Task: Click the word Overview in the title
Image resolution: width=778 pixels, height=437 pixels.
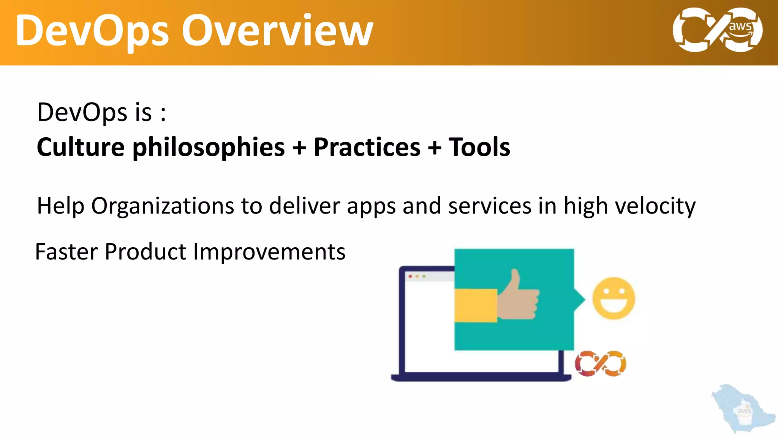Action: pyautogui.click(x=277, y=31)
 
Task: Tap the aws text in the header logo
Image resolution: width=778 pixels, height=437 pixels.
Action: pyautogui.click(x=740, y=27)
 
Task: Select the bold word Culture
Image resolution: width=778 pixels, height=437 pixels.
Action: pyautogui.click(x=81, y=147)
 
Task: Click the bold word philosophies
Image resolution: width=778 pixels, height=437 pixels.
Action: pyautogui.click(x=208, y=147)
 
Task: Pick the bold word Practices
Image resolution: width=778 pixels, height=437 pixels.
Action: pyautogui.click(x=367, y=147)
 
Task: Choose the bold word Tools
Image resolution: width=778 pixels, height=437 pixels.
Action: pyautogui.click(x=479, y=147)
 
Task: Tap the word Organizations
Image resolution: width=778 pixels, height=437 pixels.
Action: pyautogui.click(x=163, y=206)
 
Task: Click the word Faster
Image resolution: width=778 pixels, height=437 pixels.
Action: pyautogui.click(x=66, y=252)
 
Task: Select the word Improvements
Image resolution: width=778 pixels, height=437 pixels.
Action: pyautogui.click(x=269, y=252)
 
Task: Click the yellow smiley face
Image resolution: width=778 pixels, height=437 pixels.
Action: pyautogui.click(x=614, y=298)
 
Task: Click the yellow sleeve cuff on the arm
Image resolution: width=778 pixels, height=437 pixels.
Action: pyautogui.click(x=476, y=305)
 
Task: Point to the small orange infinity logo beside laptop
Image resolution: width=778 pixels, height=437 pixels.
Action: pyautogui.click(x=600, y=363)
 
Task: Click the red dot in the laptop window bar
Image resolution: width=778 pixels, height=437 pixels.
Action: pyautogui.click(x=410, y=277)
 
